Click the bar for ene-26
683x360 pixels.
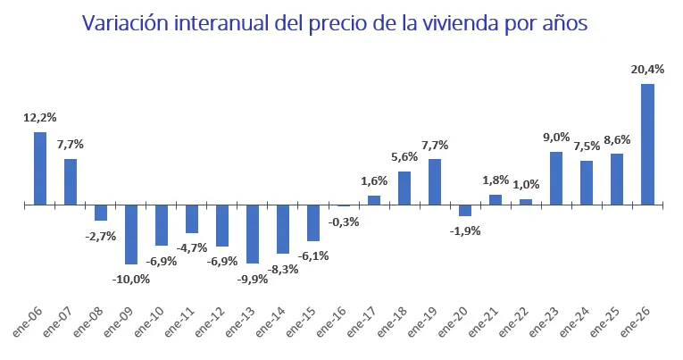click(647, 144)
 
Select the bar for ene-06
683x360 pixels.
click(40, 168)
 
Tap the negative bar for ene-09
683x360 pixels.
click(131, 234)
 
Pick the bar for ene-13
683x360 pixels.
click(253, 234)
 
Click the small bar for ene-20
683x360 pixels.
click(465, 211)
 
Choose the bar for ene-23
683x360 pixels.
click(556, 178)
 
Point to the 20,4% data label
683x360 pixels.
click(647, 69)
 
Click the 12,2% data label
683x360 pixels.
click(39, 117)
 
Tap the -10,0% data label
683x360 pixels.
click(131, 279)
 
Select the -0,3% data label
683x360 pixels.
click(344, 222)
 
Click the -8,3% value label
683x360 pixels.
click(283, 268)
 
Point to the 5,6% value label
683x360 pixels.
click(404, 156)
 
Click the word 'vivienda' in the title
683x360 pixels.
click(462, 24)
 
